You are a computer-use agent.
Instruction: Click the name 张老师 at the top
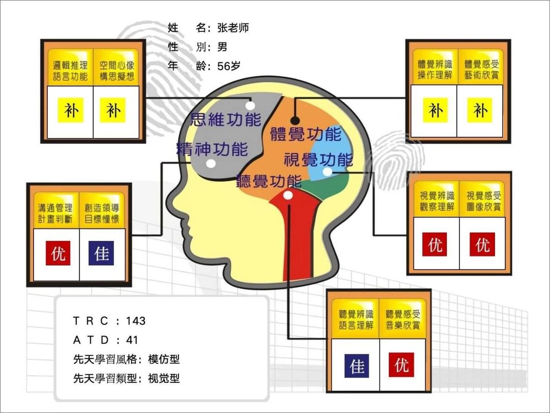(233, 28)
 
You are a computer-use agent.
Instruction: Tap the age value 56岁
(229, 66)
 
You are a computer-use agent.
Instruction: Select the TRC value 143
(136, 321)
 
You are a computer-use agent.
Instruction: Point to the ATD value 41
(132, 340)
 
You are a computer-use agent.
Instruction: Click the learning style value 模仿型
(164, 359)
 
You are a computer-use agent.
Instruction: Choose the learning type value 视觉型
(164, 379)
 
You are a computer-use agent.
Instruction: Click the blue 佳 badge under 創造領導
(101, 253)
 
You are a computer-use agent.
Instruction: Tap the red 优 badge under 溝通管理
(58, 253)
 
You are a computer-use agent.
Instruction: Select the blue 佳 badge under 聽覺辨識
(357, 366)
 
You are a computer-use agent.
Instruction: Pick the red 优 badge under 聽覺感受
(401, 365)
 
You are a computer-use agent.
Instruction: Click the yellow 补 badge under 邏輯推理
(71, 110)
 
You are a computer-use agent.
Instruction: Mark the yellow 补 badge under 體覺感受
(480, 110)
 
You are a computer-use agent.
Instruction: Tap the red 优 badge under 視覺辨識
(434, 244)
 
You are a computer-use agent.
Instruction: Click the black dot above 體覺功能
(295, 121)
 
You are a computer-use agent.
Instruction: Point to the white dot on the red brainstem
(288, 195)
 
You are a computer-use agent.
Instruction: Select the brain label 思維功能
(226, 119)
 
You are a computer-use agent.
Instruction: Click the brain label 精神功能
(212, 149)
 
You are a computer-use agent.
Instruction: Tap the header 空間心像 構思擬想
(117, 71)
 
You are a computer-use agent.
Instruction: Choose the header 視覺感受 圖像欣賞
(484, 201)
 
